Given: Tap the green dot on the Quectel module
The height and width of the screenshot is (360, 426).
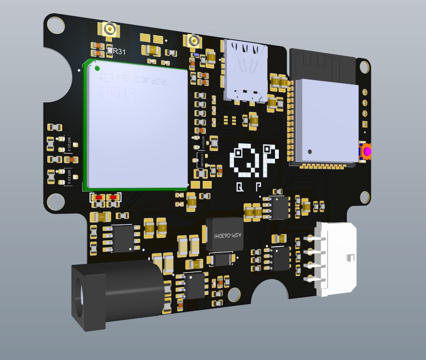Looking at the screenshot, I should [x=97, y=69].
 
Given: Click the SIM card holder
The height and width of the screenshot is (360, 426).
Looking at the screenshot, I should [x=247, y=70].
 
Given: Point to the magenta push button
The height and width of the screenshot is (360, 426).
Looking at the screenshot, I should [x=367, y=152].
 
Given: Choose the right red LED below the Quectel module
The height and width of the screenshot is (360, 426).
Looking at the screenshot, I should [x=114, y=197].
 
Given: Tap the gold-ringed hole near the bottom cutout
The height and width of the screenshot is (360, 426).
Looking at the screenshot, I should [x=234, y=292].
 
